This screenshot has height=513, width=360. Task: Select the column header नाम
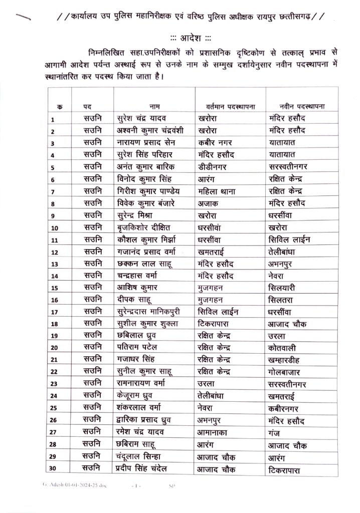click(x=155, y=106)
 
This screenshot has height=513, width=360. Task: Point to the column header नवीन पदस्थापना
click(x=302, y=106)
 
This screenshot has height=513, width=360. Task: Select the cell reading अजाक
click(x=209, y=203)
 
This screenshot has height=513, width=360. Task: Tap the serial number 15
click(x=55, y=288)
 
